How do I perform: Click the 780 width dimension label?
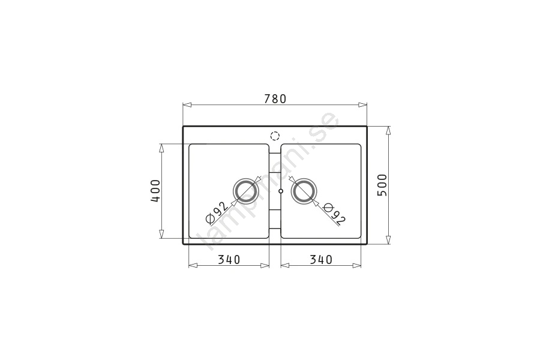[x=275, y=99]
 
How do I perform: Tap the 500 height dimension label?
[x=382, y=185]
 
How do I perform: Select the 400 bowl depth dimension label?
[x=155, y=191]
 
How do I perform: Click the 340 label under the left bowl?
[x=229, y=259]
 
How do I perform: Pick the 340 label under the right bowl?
[x=321, y=259]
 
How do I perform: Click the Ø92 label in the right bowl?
[x=334, y=214]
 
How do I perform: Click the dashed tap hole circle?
[x=275, y=136]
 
